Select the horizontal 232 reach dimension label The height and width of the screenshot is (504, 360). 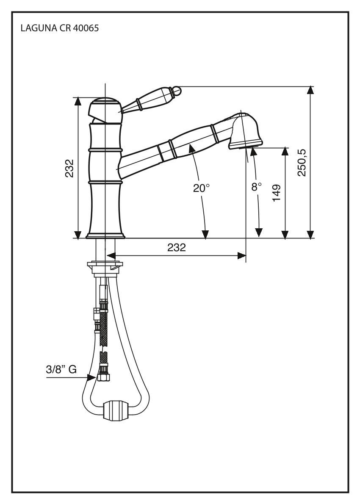[176, 248]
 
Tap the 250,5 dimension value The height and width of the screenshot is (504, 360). [302, 162]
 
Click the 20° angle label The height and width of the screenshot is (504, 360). [202, 188]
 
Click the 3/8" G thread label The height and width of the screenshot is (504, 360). [61, 369]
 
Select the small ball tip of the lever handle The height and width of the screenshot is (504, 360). [177, 90]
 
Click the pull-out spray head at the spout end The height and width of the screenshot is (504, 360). [244, 130]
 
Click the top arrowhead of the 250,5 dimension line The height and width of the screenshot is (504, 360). [311, 90]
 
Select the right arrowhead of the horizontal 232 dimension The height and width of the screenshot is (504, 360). [241, 255]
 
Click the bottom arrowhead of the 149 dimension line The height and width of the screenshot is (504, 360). [285, 234]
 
